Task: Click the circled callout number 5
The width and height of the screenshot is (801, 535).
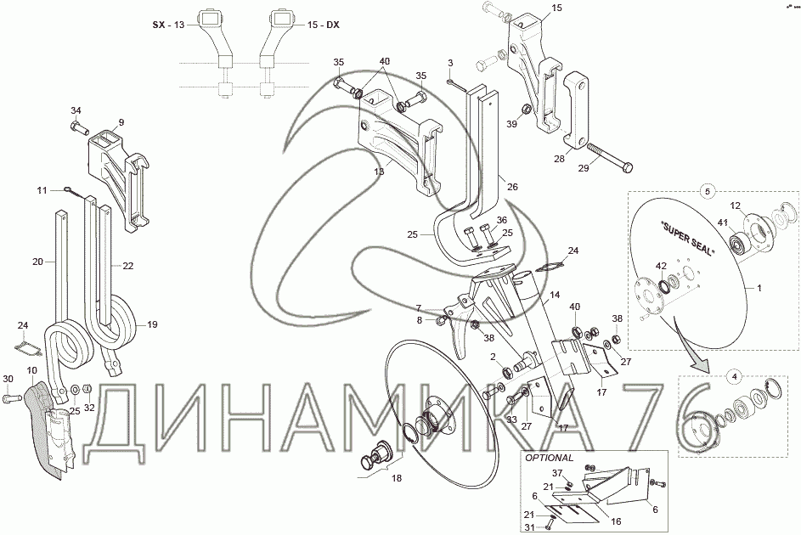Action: click(706, 191)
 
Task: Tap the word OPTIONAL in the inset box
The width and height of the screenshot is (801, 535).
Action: click(549, 457)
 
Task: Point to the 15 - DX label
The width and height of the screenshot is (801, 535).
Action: click(322, 25)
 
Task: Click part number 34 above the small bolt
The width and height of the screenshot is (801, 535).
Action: click(76, 110)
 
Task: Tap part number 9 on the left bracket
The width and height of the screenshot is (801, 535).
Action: click(121, 122)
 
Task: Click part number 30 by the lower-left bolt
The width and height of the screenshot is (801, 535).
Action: click(8, 379)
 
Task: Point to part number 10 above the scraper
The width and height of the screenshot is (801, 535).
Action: click(32, 371)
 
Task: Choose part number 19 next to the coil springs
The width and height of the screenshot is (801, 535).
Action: click(153, 324)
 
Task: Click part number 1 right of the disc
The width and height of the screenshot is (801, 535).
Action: click(760, 289)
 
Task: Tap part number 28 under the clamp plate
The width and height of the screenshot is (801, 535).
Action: click(560, 159)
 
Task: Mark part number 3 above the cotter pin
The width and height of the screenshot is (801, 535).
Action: click(450, 63)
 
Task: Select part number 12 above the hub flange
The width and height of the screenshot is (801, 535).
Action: click(736, 206)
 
